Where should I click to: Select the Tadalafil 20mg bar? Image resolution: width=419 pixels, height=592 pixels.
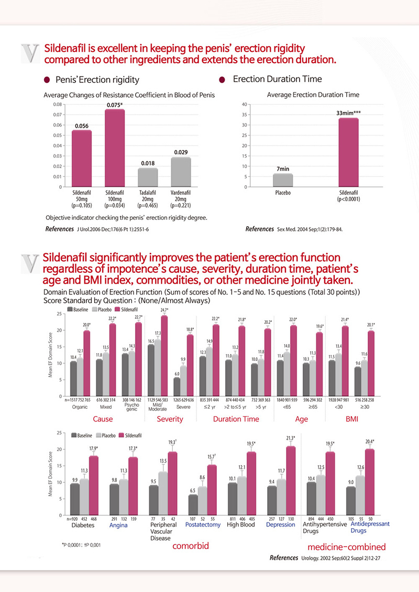(148, 177)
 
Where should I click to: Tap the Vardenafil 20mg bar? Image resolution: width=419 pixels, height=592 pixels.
(180, 172)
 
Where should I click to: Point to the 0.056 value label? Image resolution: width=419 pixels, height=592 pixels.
(81, 126)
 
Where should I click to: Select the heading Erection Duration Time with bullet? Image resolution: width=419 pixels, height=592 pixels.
(270, 80)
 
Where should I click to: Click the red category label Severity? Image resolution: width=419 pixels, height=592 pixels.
(170, 419)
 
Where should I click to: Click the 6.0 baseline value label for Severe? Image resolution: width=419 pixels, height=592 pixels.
(178, 374)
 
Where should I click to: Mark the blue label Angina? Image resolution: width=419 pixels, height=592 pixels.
(119, 524)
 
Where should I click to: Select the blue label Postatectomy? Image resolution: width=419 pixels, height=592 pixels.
(203, 524)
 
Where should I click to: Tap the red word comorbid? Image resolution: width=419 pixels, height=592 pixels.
(191, 546)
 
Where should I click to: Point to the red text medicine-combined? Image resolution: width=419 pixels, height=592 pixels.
(347, 547)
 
